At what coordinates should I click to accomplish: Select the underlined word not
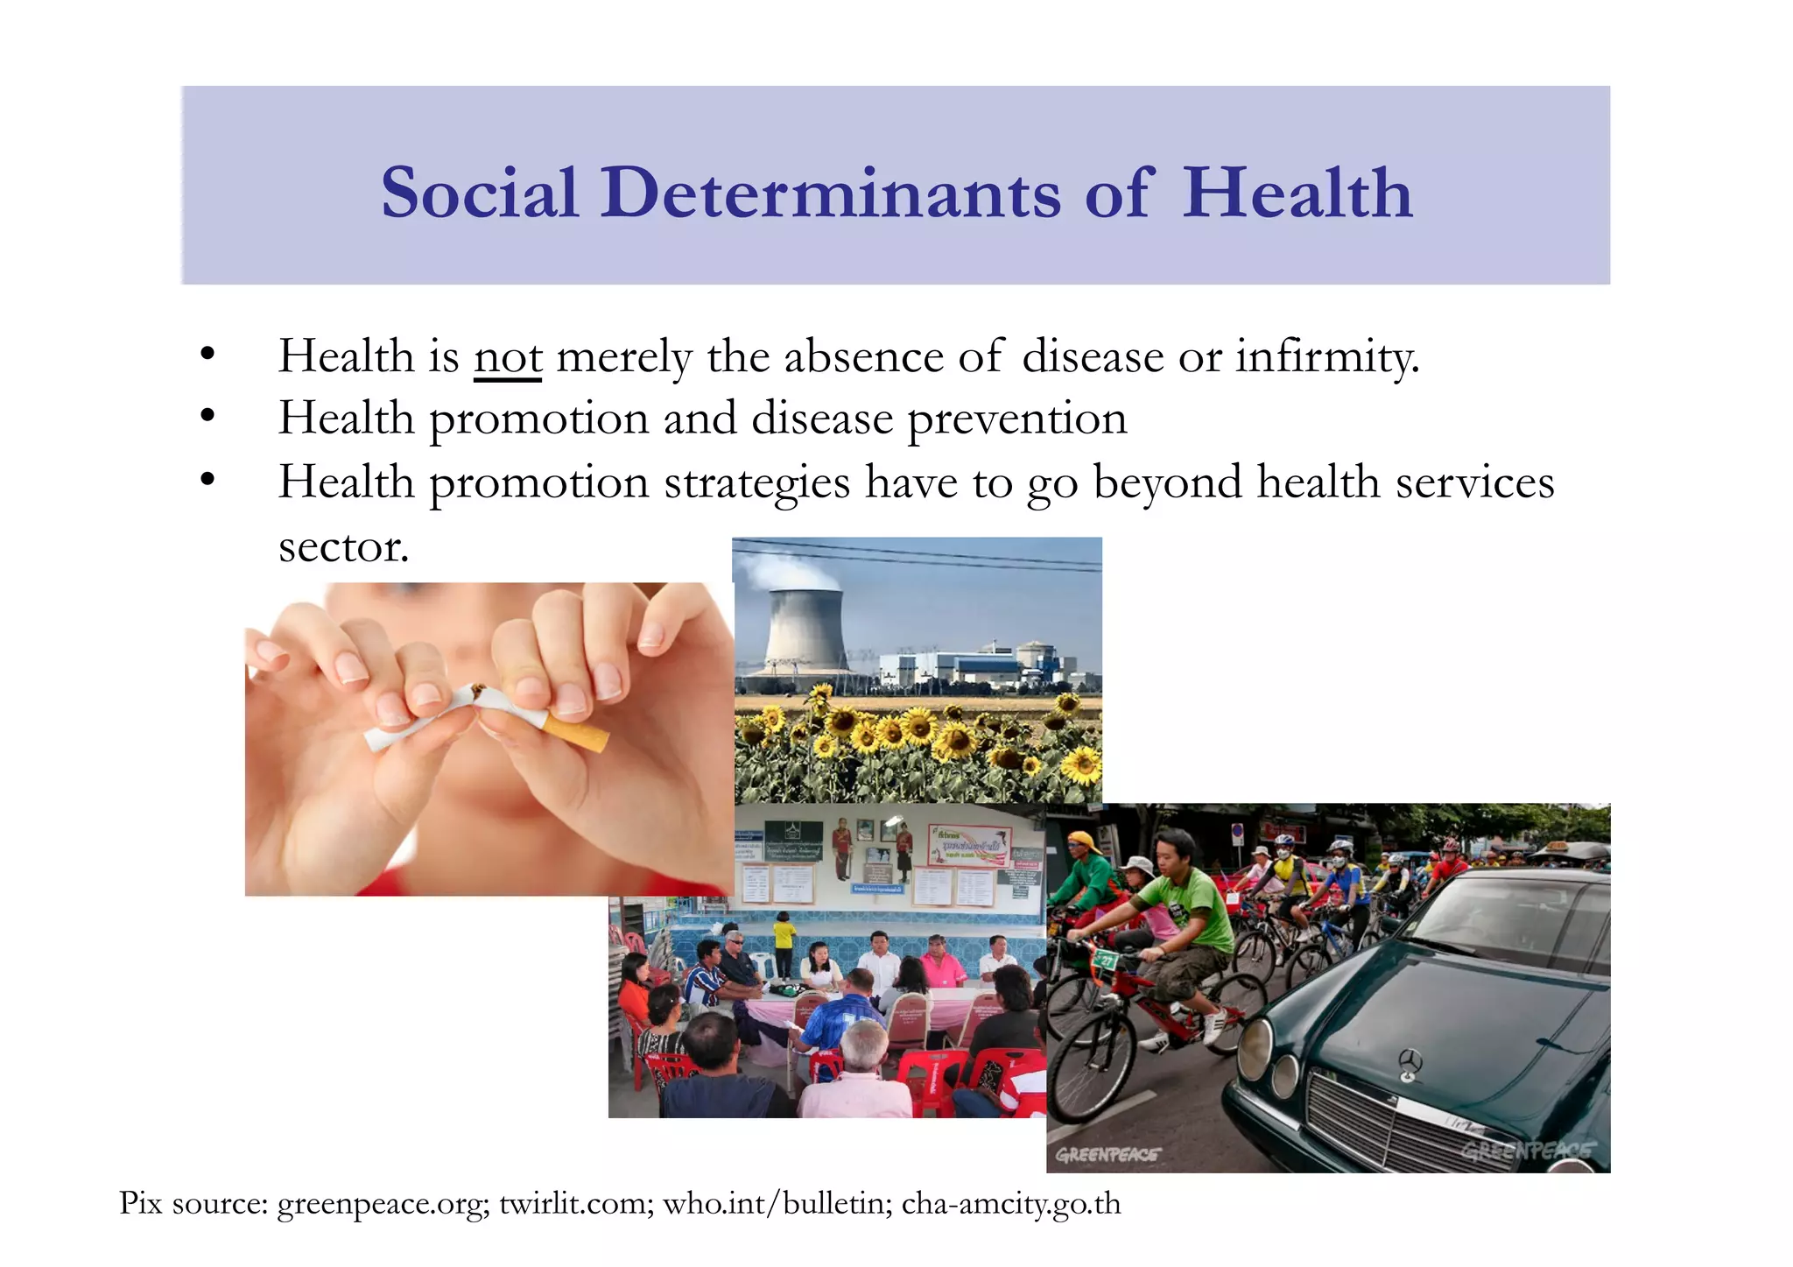(x=508, y=357)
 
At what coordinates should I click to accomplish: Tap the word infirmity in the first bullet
(x=1326, y=357)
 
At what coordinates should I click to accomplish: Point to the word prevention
(x=1016, y=419)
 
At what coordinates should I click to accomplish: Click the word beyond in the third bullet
(x=1167, y=482)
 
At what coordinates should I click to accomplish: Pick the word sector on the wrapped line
(x=343, y=546)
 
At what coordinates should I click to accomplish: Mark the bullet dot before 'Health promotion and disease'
(x=207, y=416)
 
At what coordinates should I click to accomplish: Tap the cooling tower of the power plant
(x=804, y=630)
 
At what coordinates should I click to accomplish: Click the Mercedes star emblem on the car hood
(x=1409, y=1062)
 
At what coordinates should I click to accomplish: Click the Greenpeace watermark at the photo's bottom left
(x=1107, y=1154)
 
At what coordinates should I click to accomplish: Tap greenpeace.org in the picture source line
(x=382, y=1204)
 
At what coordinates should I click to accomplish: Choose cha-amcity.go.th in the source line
(x=1011, y=1204)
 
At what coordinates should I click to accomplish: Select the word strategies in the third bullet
(x=756, y=482)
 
